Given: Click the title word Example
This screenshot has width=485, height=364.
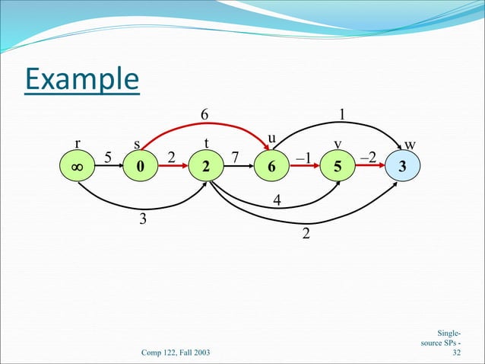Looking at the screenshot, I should pyautogui.click(x=81, y=80).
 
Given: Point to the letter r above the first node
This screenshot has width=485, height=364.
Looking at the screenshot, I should pyautogui.click(x=77, y=143).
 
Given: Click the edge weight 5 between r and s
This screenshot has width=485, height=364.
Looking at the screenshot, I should pyautogui.click(x=107, y=157).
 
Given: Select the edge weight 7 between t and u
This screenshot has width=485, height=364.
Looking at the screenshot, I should pyautogui.click(x=235, y=157).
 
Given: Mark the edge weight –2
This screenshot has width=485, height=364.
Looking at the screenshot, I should pyautogui.click(x=367, y=157).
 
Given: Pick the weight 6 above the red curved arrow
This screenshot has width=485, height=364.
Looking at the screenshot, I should pyautogui.click(x=204, y=113).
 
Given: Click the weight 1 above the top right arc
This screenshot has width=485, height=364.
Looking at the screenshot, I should pyautogui.click(x=343, y=113).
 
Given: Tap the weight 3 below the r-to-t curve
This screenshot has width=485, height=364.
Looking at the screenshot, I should pyautogui.click(x=141, y=221).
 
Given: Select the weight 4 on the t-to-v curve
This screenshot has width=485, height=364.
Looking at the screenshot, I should pyautogui.click(x=277, y=201).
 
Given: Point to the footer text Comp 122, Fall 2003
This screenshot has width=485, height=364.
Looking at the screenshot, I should pyautogui.click(x=176, y=353).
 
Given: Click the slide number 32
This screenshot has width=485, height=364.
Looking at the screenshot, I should pyautogui.click(x=456, y=353).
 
